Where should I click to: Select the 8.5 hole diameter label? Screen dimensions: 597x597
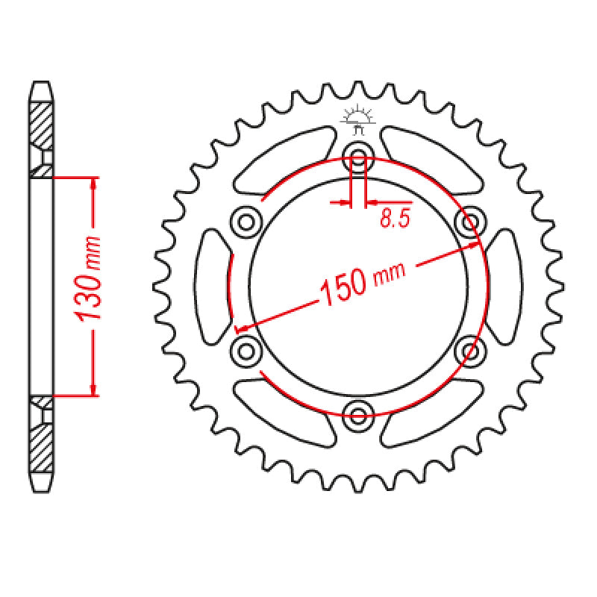coord(394,219)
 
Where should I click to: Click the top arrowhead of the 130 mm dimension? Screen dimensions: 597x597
coord(93,184)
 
